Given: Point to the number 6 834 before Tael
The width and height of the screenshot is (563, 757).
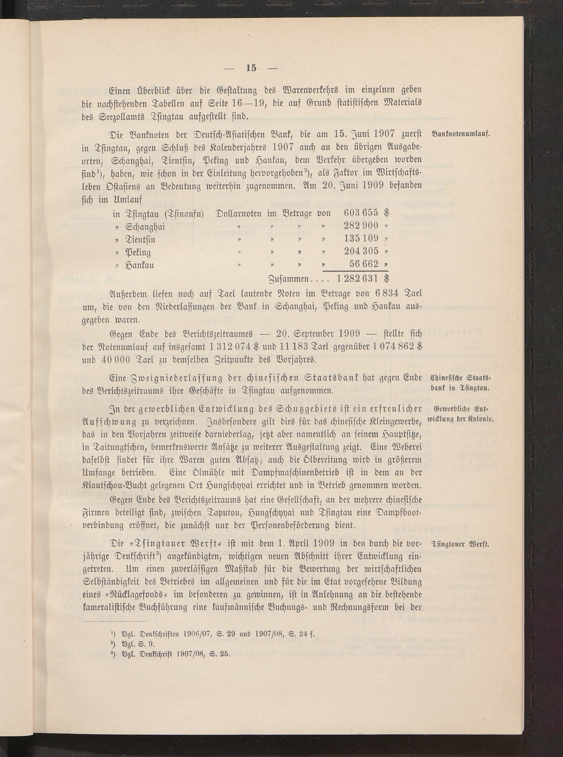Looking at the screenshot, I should [391, 294].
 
